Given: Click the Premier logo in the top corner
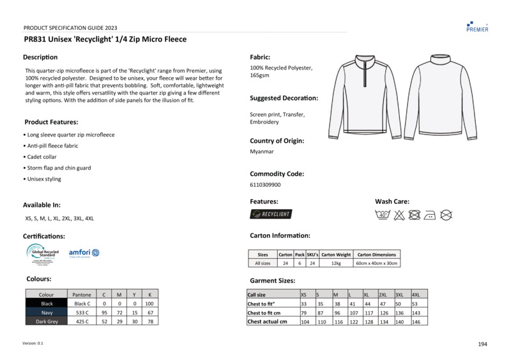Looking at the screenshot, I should (x=477, y=26).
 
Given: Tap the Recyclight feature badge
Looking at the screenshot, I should (x=271, y=214).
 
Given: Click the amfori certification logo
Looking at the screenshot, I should (x=84, y=253).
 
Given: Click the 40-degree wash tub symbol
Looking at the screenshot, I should (x=383, y=215).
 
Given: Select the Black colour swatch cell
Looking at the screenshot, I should (x=47, y=304).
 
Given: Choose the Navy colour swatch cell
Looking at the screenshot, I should (x=47, y=313).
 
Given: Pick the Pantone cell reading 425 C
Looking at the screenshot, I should (x=82, y=321).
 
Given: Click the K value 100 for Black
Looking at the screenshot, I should (x=149, y=304).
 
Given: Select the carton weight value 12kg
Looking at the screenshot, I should (x=336, y=263).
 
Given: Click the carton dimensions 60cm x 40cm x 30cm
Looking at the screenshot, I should (x=377, y=263).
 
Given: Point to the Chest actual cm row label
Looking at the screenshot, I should (x=267, y=321).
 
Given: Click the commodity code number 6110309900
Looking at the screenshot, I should (x=265, y=185).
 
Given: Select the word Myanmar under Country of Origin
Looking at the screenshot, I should (x=262, y=152).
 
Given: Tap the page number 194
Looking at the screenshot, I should (x=482, y=344).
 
